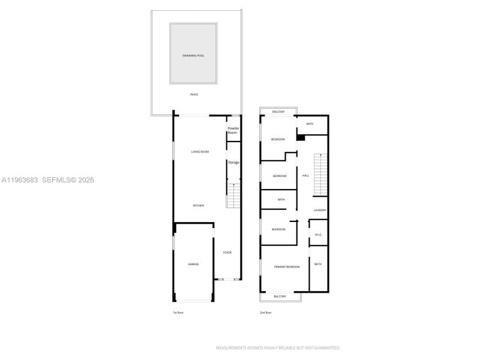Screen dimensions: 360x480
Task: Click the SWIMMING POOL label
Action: (x=193, y=56)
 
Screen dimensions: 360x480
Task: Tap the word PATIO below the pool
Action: (x=194, y=95)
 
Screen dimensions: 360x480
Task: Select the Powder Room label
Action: (x=233, y=130)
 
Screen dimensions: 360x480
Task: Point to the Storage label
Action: (x=233, y=163)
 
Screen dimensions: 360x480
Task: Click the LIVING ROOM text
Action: (x=200, y=152)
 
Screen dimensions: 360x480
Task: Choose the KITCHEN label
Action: (x=199, y=206)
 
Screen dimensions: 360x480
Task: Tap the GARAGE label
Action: (x=193, y=264)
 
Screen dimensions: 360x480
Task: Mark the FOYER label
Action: (x=227, y=253)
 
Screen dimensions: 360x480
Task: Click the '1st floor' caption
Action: (x=178, y=313)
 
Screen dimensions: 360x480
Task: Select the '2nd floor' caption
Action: (x=265, y=313)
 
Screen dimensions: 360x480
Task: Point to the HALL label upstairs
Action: (x=305, y=176)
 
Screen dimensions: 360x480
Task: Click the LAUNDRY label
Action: (x=320, y=210)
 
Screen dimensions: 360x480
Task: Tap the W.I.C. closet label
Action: (x=318, y=235)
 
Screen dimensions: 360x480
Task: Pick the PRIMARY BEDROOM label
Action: (x=287, y=266)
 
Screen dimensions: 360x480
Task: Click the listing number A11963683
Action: (x=20, y=179)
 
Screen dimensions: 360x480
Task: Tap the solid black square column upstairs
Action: (x=301, y=137)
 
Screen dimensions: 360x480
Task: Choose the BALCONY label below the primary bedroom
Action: (x=280, y=296)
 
